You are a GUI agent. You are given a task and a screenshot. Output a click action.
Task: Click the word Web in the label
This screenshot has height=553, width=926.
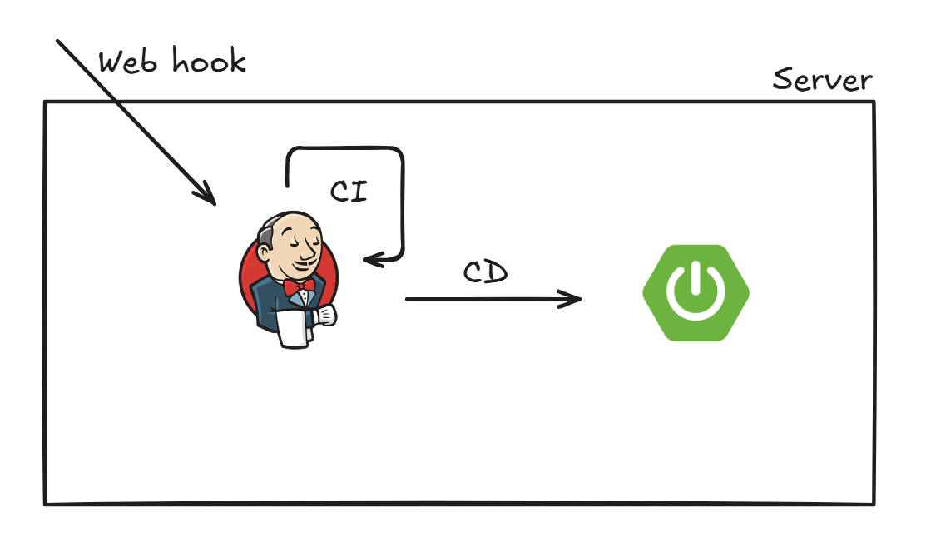(127, 62)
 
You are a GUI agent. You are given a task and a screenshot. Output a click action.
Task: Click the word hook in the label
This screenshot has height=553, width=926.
(209, 61)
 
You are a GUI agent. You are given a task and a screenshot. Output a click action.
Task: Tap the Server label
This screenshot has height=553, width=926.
(822, 80)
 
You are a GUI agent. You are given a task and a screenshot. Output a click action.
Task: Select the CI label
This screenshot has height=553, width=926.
(349, 191)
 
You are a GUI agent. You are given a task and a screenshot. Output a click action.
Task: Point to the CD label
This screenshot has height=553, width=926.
(485, 272)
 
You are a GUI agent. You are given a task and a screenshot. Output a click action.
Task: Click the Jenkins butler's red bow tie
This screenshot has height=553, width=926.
(300, 287)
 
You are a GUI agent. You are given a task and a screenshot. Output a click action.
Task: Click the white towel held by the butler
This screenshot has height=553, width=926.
(293, 330)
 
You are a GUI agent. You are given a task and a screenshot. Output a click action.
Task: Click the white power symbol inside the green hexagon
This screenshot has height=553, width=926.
(696, 292)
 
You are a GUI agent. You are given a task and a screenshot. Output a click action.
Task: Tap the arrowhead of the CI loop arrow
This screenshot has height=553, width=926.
(369, 260)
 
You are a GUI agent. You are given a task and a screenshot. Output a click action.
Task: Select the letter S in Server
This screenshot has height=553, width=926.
(782, 80)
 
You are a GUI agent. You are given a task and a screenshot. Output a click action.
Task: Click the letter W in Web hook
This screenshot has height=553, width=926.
(111, 63)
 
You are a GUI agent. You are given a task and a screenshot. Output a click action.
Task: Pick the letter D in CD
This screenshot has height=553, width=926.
(497, 272)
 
